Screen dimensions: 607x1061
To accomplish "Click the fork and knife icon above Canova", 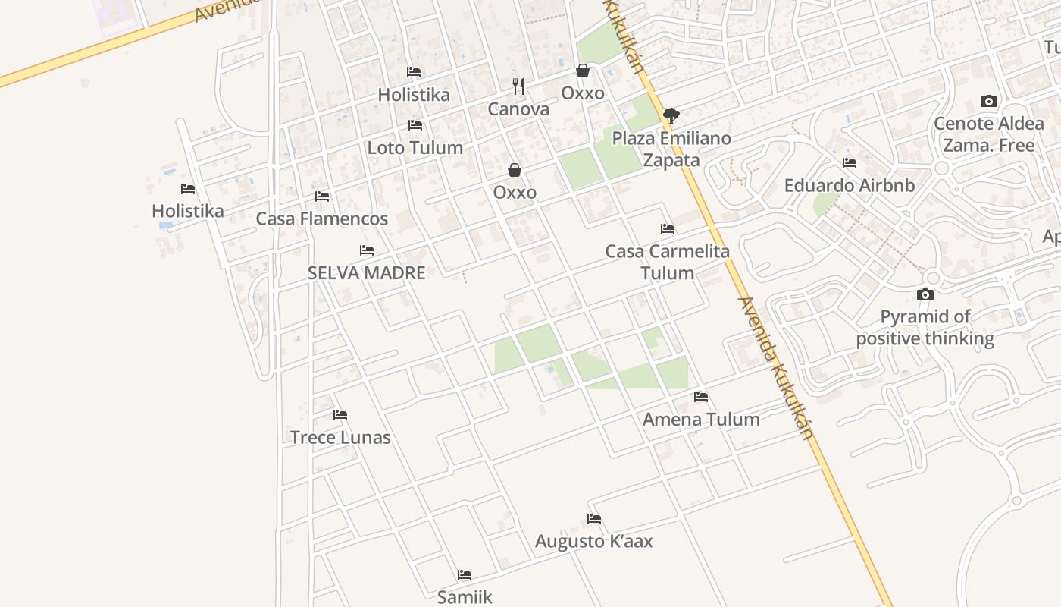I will pyautogui.click(x=518, y=86).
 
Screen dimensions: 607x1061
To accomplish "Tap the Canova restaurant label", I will pyautogui.click(x=518, y=109).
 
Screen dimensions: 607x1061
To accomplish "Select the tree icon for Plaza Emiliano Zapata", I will pyautogui.click(x=671, y=116).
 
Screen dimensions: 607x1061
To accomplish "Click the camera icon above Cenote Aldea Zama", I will pyautogui.click(x=988, y=101).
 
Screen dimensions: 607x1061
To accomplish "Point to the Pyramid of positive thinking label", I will pyautogui.click(x=925, y=328).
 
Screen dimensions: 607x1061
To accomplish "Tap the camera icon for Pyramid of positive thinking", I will pyautogui.click(x=925, y=294).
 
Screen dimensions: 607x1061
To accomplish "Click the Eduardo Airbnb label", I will pyautogui.click(x=849, y=186).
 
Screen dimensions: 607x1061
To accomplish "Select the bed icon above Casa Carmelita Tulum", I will pyautogui.click(x=667, y=228).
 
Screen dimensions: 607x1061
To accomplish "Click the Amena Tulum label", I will pyautogui.click(x=701, y=420).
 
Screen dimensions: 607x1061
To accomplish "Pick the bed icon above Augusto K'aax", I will pyautogui.click(x=594, y=519).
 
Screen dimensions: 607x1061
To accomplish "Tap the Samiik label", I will pyautogui.click(x=465, y=597).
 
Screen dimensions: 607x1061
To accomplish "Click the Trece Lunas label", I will pyautogui.click(x=340, y=438).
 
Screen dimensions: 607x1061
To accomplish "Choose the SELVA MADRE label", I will pyautogui.click(x=366, y=273).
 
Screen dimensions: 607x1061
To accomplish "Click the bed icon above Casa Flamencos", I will pyautogui.click(x=322, y=197).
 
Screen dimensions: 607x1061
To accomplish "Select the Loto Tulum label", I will pyautogui.click(x=415, y=148).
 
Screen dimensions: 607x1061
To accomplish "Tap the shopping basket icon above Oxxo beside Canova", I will pyautogui.click(x=583, y=71).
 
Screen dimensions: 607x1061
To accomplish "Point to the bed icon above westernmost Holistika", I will pyautogui.click(x=188, y=189).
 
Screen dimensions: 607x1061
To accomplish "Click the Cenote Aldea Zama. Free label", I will pyautogui.click(x=988, y=134).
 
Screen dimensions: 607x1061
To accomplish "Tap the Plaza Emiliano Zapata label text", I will pyautogui.click(x=671, y=149).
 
